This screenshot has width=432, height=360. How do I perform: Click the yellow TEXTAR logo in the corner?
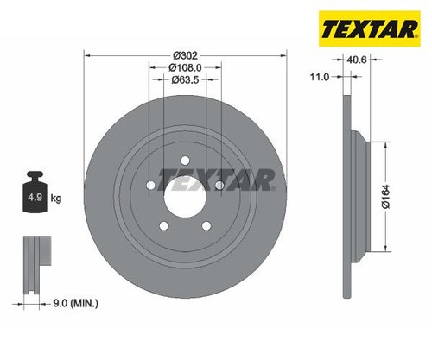pyautogui.click(x=370, y=28)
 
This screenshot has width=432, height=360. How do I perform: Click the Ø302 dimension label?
pyautogui.click(x=185, y=55)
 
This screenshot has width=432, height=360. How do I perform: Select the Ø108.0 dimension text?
pyautogui.click(x=185, y=67)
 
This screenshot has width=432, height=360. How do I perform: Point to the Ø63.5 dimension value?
pyautogui.click(x=185, y=79)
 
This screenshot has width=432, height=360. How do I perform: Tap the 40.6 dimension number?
pyautogui.click(x=357, y=60)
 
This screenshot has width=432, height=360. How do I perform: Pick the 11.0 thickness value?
pyautogui.click(x=320, y=77)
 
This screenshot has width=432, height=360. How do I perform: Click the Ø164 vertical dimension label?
pyautogui.click(x=385, y=196)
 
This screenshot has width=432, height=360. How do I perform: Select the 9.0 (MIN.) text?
pyautogui.click(x=76, y=303)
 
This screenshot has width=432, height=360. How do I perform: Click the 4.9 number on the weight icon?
pyautogui.click(x=35, y=198)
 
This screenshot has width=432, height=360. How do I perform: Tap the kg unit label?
pyautogui.click(x=56, y=198)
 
